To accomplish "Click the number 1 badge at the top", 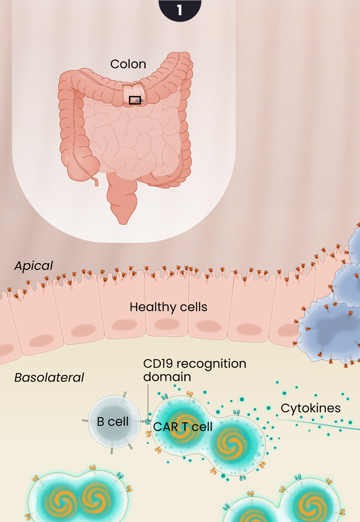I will [180, 9].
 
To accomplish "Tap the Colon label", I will [128, 64].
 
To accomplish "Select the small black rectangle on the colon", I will [135, 100].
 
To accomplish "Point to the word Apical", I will [33, 266].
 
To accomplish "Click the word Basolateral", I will [49, 377].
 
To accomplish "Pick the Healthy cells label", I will [168, 307].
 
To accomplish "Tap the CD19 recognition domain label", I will [194, 370].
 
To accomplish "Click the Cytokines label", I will [310, 408].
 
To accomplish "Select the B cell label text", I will [113, 422].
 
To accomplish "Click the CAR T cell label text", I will [183, 427].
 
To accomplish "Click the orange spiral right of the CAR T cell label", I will [230, 444].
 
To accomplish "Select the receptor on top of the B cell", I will [125, 394].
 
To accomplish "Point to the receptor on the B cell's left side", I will [85, 421].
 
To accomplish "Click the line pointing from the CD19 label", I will [148, 399].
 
